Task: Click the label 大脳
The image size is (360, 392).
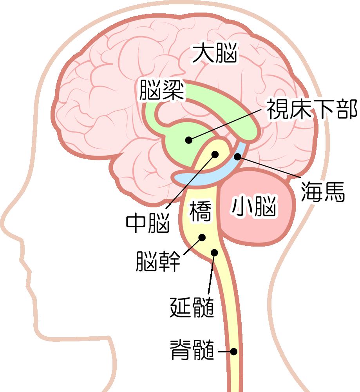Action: tap(215, 53)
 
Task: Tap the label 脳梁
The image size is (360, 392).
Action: tap(162, 90)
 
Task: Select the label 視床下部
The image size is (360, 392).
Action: tap(312, 109)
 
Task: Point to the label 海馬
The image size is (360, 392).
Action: tap(322, 192)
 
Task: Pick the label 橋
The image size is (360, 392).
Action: tap(200, 211)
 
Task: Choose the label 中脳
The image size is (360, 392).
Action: tap(148, 223)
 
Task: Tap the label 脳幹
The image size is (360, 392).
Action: tap(158, 261)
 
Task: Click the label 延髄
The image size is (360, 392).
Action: tap(192, 307)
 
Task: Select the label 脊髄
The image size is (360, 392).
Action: tap(192, 350)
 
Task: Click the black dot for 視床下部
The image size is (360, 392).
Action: tap(189, 140)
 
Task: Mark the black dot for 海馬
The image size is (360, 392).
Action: tap(238, 157)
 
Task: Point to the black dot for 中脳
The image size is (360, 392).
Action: tap(215, 154)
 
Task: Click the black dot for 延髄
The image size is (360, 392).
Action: tap(214, 252)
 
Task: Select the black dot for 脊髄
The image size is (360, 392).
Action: tap(233, 352)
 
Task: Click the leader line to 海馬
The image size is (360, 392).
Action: tap(269, 167)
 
